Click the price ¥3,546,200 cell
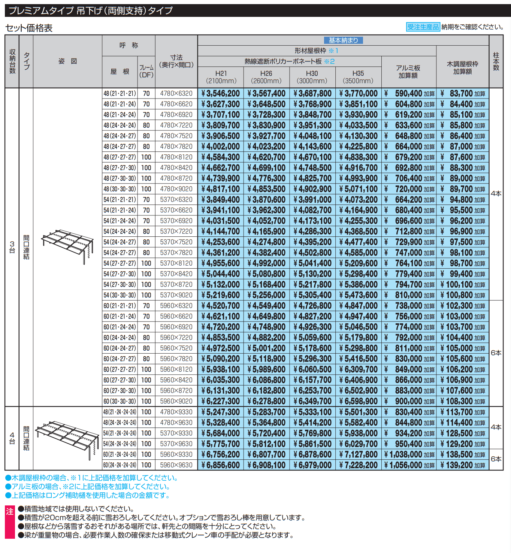coord(221,94)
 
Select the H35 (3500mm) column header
coord(358,77)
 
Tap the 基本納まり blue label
coord(343,40)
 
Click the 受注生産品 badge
coord(423,27)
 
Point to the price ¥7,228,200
coord(359,465)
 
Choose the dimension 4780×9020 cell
coord(176,189)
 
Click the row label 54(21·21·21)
coord(120,200)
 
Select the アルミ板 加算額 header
coord(408,72)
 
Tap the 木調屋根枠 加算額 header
coord(462,68)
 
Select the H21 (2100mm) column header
coord(221,77)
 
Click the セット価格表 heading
coord(29,28)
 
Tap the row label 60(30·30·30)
coord(120,401)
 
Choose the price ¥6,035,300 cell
coord(221,380)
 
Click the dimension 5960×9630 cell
coord(176,465)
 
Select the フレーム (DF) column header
coord(146,72)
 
